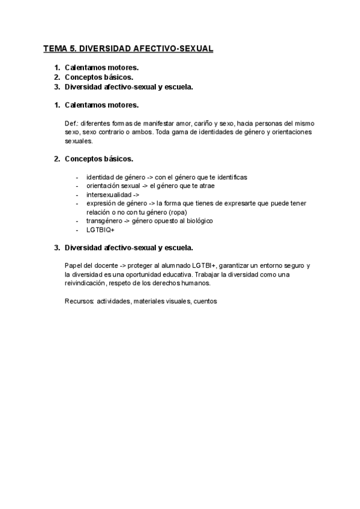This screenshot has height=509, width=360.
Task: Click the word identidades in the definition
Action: click(x=217, y=132)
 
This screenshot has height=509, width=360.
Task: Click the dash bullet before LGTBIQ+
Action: click(x=77, y=230)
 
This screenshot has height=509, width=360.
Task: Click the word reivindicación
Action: click(x=88, y=283)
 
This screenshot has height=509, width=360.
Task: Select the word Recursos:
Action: click(x=79, y=301)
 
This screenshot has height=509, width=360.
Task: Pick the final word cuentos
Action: click(x=205, y=301)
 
